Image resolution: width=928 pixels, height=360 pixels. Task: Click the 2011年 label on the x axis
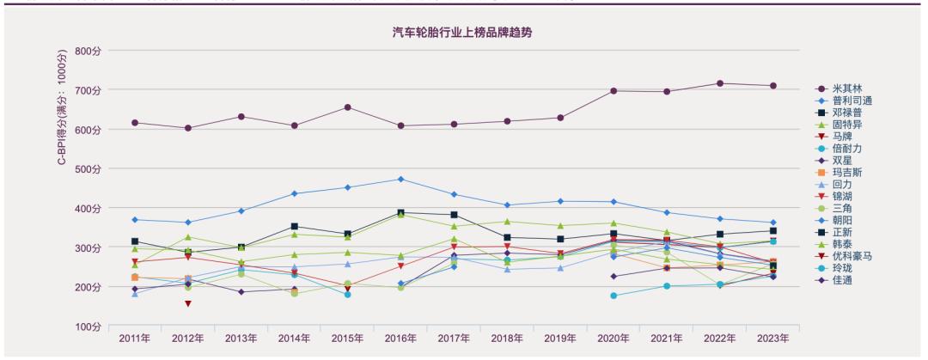pyautogui.click(x=135, y=338)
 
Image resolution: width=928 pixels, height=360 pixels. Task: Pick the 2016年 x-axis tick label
pyautogui.click(x=400, y=338)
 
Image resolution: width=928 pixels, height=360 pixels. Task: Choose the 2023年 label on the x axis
pyautogui.click(x=772, y=338)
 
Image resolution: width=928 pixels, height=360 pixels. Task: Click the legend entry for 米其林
pyautogui.click(x=846, y=88)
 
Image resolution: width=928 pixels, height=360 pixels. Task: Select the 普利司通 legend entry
pyautogui.click(x=852, y=101)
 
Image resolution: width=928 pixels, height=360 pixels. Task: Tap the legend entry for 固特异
pyautogui.click(x=846, y=125)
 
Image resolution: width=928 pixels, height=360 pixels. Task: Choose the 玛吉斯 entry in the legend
pyautogui.click(x=846, y=172)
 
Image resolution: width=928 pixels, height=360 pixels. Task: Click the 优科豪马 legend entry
pyautogui.click(x=852, y=255)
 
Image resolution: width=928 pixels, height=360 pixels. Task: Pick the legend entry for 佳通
pyautogui.click(x=841, y=279)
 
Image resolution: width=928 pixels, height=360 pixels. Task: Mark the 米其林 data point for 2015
pyautogui.click(x=347, y=107)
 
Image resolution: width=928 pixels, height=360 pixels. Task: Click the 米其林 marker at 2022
pyautogui.click(x=720, y=83)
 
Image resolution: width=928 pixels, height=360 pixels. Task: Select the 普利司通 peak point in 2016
pyautogui.click(x=400, y=179)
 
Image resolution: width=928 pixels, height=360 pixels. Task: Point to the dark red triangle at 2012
pyautogui.click(x=188, y=303)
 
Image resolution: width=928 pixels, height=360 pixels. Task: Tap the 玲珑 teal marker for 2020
pyautogui.click(x=614, y=296)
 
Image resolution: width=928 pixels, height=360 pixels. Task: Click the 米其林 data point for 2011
pyautogui.click(x=135, y=123)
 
